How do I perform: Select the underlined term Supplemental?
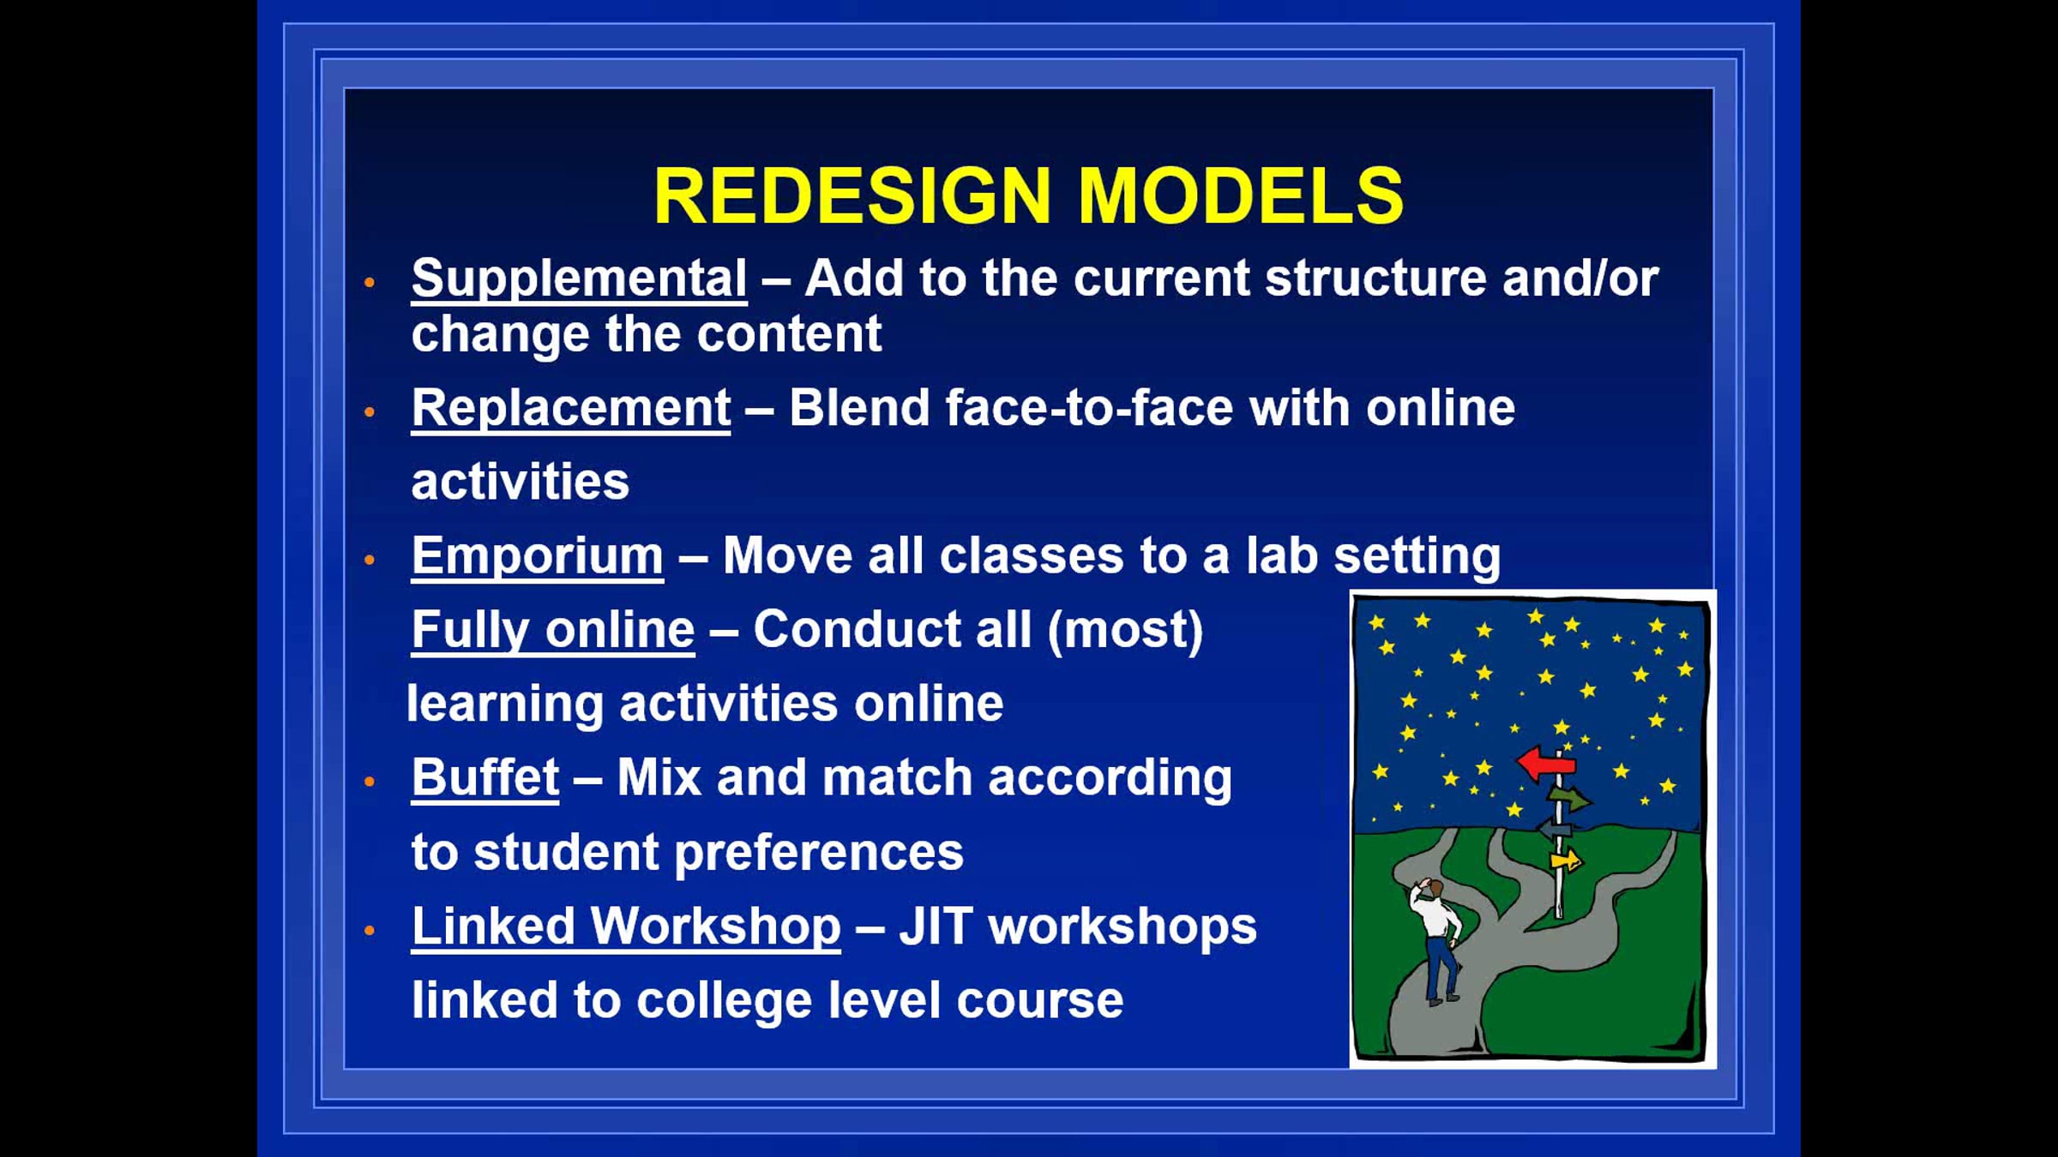point(579,279)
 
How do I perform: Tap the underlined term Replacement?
point(571,409)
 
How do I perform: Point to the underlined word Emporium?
point(538,557)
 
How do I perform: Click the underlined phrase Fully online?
point(553,631)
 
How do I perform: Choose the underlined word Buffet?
point(485,778)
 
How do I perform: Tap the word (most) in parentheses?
point(1125,631)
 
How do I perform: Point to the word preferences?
point(819,854)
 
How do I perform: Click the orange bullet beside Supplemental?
point(370,282)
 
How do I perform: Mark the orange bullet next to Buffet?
point(370,782)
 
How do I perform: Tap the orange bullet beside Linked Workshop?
point(370,930)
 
